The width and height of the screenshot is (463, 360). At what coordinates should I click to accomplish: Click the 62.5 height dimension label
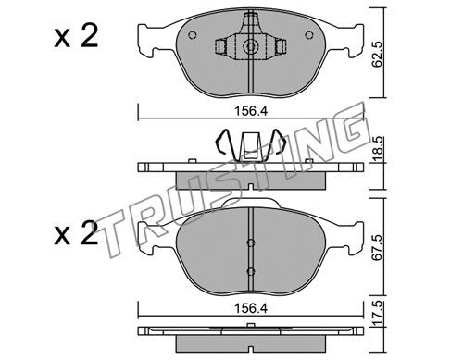pos(377,55)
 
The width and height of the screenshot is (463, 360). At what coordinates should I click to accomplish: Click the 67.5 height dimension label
pos(377,248)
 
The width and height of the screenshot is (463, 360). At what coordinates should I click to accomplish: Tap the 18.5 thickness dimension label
pos(379,150)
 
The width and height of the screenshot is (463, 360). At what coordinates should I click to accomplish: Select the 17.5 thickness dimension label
pos(379,314)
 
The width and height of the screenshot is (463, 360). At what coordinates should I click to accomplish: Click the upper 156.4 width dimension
pos(251,111)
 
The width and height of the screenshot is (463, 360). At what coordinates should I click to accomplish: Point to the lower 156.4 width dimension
pos(251,308)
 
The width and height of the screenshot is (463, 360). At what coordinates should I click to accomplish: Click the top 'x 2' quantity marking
pos(76,36)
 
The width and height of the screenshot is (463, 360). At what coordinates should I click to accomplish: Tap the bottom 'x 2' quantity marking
pos(76,233)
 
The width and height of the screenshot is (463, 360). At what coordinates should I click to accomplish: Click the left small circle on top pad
pos(192,35)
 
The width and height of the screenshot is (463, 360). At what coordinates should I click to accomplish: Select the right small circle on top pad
pos(309,35)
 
